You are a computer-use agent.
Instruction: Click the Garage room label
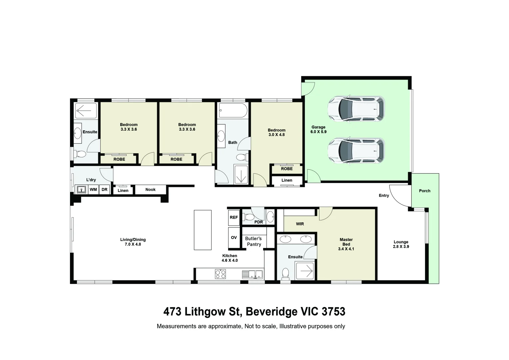click(318, 129)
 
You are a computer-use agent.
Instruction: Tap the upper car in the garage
click(356, 109)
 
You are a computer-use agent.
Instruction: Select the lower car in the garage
click(356, 151)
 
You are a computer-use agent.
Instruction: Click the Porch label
click(424, 191)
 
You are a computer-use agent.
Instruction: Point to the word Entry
click(384, 195)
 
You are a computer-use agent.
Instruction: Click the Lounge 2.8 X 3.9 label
click(401, 244)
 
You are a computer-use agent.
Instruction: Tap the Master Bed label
click(346, 244)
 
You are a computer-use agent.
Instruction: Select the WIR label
click(300, 224)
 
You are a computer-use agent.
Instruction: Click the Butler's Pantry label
click(254, 241)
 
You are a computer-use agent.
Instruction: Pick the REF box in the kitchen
click(234, 217)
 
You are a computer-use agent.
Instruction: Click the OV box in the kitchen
click(234, 237)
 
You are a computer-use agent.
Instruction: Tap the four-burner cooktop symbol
click(220, 274)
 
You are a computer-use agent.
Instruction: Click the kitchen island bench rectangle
click(203, 230)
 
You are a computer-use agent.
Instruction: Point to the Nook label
click(151, 189)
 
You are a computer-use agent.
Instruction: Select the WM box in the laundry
click(93, 189)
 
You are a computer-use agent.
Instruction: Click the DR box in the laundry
click(104, 189)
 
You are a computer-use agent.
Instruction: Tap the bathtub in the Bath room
click(233, 111)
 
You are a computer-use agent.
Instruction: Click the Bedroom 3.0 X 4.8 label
click(276, 132)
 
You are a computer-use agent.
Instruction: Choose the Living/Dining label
click(133, 242)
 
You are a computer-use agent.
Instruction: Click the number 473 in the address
click(172, 311)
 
